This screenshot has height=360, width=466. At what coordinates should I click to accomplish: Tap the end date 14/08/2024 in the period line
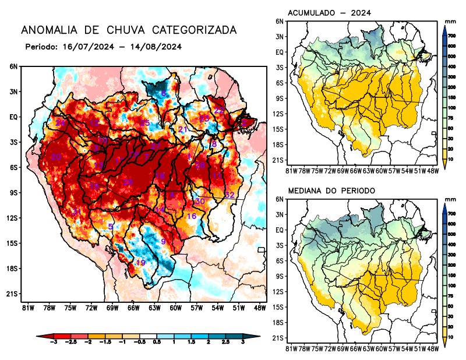(153, 47)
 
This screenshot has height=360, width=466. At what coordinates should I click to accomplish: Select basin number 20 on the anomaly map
(56, 157)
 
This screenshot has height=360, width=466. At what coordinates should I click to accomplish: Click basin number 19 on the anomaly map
(140, 263)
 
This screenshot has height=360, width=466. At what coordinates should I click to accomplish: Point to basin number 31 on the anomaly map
(76, 211)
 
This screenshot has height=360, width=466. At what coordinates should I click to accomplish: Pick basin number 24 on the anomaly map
(60, 123)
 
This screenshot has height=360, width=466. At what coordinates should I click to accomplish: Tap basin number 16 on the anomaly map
(191, 216)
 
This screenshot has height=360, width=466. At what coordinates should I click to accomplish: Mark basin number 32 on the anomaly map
(230, 195)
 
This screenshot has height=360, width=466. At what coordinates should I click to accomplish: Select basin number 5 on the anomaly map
(111, 226)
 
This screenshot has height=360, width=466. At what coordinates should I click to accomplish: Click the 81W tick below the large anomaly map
(26, 307)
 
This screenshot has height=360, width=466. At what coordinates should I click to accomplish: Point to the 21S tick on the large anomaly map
(12, 294)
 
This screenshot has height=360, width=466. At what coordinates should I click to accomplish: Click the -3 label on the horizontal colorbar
(53, 344)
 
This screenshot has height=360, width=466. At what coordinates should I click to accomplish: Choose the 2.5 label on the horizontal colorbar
(225, 344)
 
